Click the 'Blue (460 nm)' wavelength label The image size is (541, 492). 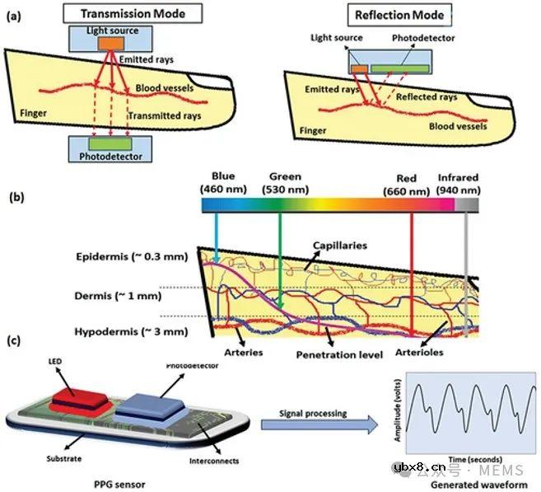[223, 183]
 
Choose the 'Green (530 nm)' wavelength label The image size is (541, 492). [284, 183]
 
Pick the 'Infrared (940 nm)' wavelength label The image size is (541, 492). [457, 183]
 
